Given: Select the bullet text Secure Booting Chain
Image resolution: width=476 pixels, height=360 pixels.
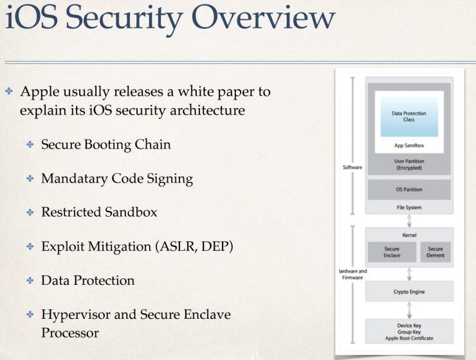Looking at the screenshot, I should pos(106,145).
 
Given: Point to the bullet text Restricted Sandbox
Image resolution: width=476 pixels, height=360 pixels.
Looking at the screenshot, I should pos(99,212).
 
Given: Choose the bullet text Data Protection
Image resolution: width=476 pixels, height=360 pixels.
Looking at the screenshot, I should pos(87,280).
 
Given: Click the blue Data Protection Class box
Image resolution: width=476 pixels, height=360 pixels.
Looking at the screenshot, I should pos(409,116).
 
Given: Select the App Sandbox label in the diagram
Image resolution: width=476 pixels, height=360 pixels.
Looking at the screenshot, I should pos(409,146).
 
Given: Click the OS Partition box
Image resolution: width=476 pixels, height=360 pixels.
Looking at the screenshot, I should pos(409,190).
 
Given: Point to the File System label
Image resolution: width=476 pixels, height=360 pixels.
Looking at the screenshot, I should pos(409,208).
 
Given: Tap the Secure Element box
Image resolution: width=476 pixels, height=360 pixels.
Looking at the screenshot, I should pos(435,252).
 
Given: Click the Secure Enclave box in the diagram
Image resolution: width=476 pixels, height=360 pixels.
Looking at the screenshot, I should pos(391,252).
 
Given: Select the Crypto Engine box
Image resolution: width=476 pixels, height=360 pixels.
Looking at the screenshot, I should pos(409,292).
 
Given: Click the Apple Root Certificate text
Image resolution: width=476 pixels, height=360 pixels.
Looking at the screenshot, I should pos(409,337).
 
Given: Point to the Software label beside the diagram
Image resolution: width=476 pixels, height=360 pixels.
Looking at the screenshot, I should pos(352,168).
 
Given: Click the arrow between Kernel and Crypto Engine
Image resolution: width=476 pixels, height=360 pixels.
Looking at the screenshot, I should pos(409,273).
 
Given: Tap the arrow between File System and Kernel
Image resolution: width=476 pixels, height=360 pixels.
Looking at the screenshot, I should pos(409,221).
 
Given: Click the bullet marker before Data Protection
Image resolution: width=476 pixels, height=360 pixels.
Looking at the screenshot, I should pos(30,281).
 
